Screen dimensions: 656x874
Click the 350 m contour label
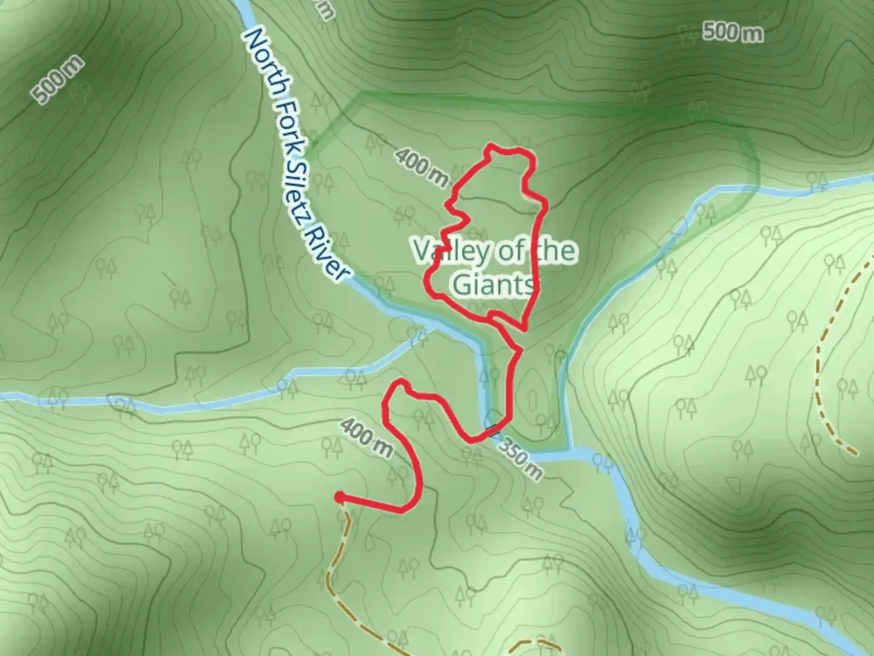point(520,460)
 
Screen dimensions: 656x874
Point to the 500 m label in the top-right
point(733,32)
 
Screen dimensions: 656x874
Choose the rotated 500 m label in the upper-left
point(58,81)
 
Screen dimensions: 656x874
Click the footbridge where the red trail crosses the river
point(492,431)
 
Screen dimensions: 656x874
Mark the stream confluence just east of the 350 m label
point(571,451)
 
